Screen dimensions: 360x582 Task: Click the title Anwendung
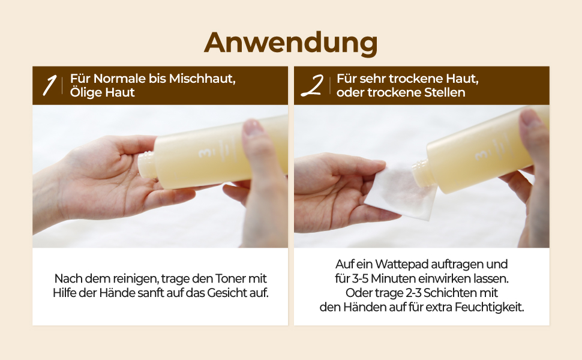(x=290, y=42)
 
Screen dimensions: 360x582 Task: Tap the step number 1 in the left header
(x=49, y=86)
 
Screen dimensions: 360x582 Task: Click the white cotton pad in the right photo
(x=401, y=191)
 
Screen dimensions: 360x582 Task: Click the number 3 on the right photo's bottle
(x=479, y=154)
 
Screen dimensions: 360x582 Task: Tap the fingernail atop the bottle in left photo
(x=254, y=128)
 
